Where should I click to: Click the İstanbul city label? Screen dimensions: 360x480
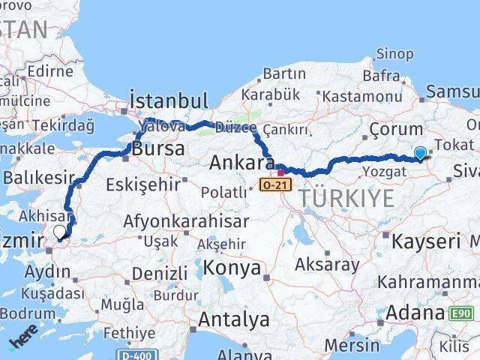(x=168, y=100)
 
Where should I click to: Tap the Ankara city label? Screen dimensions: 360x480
(x=241, y=162)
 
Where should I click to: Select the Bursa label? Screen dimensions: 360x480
(x=157, y=148)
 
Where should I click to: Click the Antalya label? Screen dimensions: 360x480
(x=233, y=319)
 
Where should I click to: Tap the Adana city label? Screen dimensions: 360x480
(x=415, y=311)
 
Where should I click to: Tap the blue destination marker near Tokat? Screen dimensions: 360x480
(x=420, y=153)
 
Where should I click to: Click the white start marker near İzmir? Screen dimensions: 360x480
(x=59, y=232)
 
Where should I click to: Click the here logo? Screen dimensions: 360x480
(x=23, y=341)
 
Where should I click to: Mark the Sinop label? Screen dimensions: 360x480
(x=394, y=53)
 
